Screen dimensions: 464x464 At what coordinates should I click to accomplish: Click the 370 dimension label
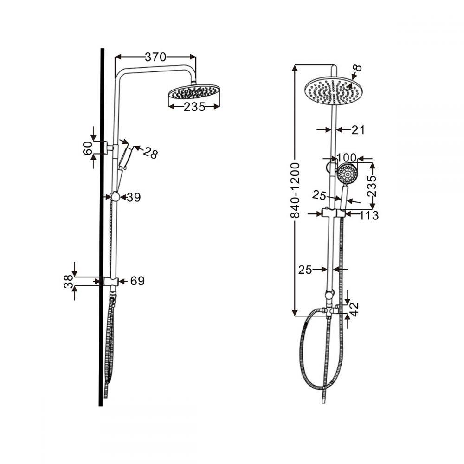[155, 57]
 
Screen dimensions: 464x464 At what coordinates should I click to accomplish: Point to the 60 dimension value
[86, 148]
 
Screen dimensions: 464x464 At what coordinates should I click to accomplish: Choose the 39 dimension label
[134, 197]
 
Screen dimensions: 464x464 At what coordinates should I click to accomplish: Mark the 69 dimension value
[137, 281]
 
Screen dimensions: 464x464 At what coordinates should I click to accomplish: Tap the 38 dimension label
[69, 281]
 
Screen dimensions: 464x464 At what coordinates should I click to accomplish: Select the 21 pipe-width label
[358, 130]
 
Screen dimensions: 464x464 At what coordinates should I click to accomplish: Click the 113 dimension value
[369, 215]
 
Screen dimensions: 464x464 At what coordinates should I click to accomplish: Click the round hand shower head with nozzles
[347, 174]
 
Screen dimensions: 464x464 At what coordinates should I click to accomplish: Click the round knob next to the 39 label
[115, 197]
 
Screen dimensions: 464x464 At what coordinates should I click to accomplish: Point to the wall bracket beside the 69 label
[111, 281]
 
